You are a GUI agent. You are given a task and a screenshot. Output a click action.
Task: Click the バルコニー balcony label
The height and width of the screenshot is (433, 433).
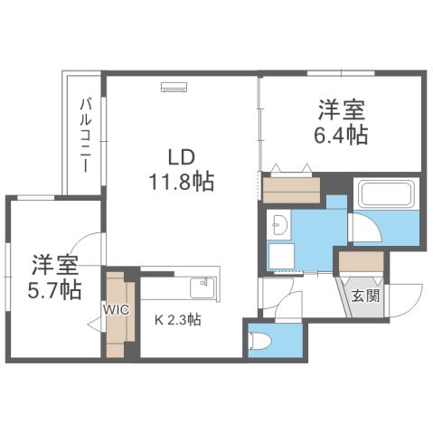point(84,136)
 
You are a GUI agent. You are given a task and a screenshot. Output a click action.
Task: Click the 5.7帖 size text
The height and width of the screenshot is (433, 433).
point(52,291)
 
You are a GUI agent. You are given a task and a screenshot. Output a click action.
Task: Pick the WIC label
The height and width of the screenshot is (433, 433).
point(116,309)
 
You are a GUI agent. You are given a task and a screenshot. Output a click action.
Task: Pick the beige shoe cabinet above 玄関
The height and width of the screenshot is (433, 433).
point(362,262)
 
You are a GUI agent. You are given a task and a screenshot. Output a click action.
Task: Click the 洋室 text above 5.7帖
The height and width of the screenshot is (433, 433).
point(52,266)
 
